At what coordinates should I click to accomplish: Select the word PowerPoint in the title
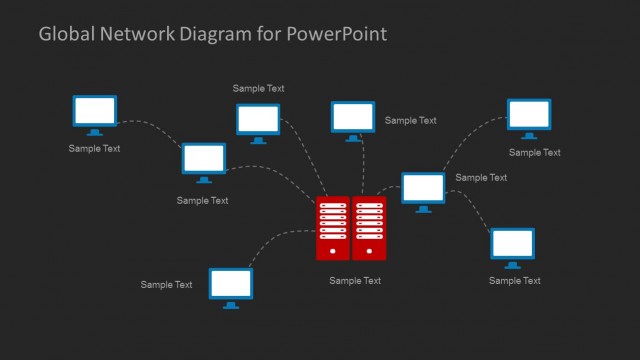coord(335,34)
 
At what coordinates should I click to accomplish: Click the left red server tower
coord(332,228)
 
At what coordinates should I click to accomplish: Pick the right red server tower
coord(369,228)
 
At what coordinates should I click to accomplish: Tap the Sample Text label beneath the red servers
coord(355,281)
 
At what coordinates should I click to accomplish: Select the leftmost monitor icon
coord(95,113)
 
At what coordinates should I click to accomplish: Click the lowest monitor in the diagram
coord(230,285)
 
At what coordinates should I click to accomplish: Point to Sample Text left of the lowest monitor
coord(166,285)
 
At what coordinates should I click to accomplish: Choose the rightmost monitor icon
coord(529,116)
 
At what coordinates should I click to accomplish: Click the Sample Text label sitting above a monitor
coord(259,88)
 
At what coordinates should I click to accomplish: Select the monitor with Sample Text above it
coord(258,121)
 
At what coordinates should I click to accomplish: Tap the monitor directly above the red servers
coord(353,119)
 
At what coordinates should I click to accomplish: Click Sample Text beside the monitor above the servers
coord(410,121)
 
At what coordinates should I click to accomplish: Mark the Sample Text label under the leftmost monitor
coord(94,149)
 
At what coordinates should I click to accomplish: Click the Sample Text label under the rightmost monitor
coord(534,153)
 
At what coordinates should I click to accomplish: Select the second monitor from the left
coord(204,161)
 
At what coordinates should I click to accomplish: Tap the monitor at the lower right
coord(513,246)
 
